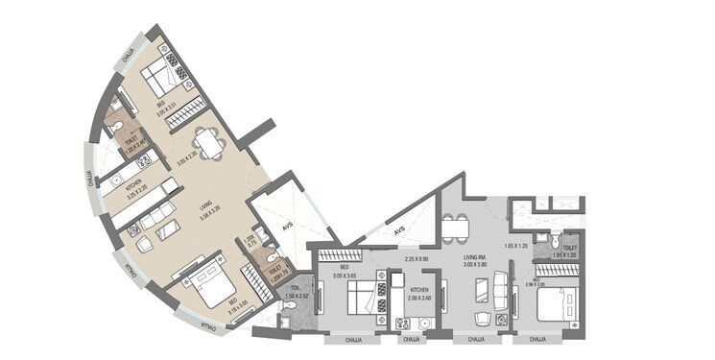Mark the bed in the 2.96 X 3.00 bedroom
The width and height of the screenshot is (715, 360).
(x=549, y=304)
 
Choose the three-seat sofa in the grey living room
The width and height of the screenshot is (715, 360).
(x=501, y=290)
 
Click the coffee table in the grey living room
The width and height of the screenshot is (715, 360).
(x=480, y=290)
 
